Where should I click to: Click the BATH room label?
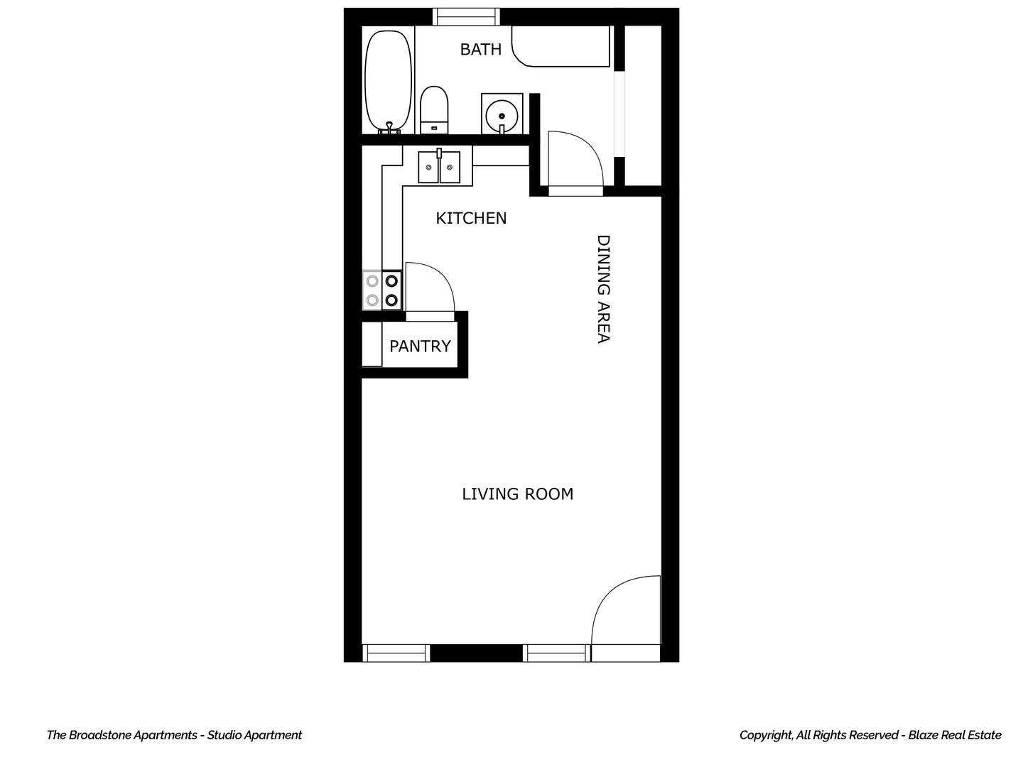tap(480, 49)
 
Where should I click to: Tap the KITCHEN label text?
tap(471, 218)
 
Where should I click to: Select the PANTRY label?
tap(420, 346)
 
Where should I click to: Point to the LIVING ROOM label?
tap(517, 494)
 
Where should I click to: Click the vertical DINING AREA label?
tap(603, 289)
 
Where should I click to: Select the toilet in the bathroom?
tap(434, 109)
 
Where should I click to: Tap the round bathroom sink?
tap(502, 114)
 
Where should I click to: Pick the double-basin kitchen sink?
tap(439, 167)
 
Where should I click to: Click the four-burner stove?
tap(382, 290)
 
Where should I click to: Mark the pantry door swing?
tap(428, 288)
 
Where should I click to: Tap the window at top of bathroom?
tap(466, 16)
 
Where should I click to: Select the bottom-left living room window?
tap(396, 653)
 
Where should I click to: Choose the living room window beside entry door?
tap(556, 653)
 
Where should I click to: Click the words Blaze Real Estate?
tap(955, 735)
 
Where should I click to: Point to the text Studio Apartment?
tap(254, 735)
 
